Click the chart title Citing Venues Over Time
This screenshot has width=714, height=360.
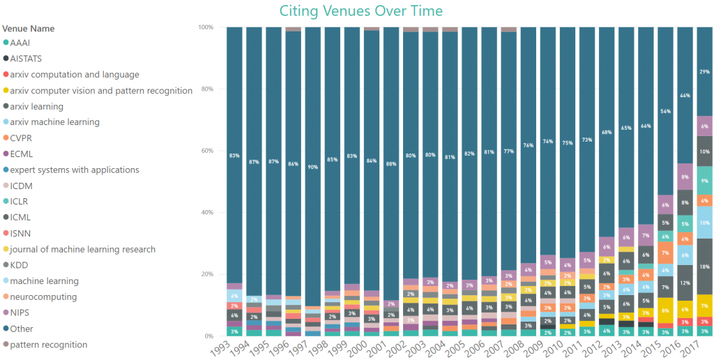coord(360,11)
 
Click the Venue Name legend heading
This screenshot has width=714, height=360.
coord(29,29)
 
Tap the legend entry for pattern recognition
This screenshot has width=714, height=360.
coord(49,345)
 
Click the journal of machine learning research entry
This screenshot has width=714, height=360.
coord(83,249)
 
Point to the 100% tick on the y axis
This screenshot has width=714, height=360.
coord(206,27)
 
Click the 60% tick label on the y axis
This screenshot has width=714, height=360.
coord(207,151)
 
